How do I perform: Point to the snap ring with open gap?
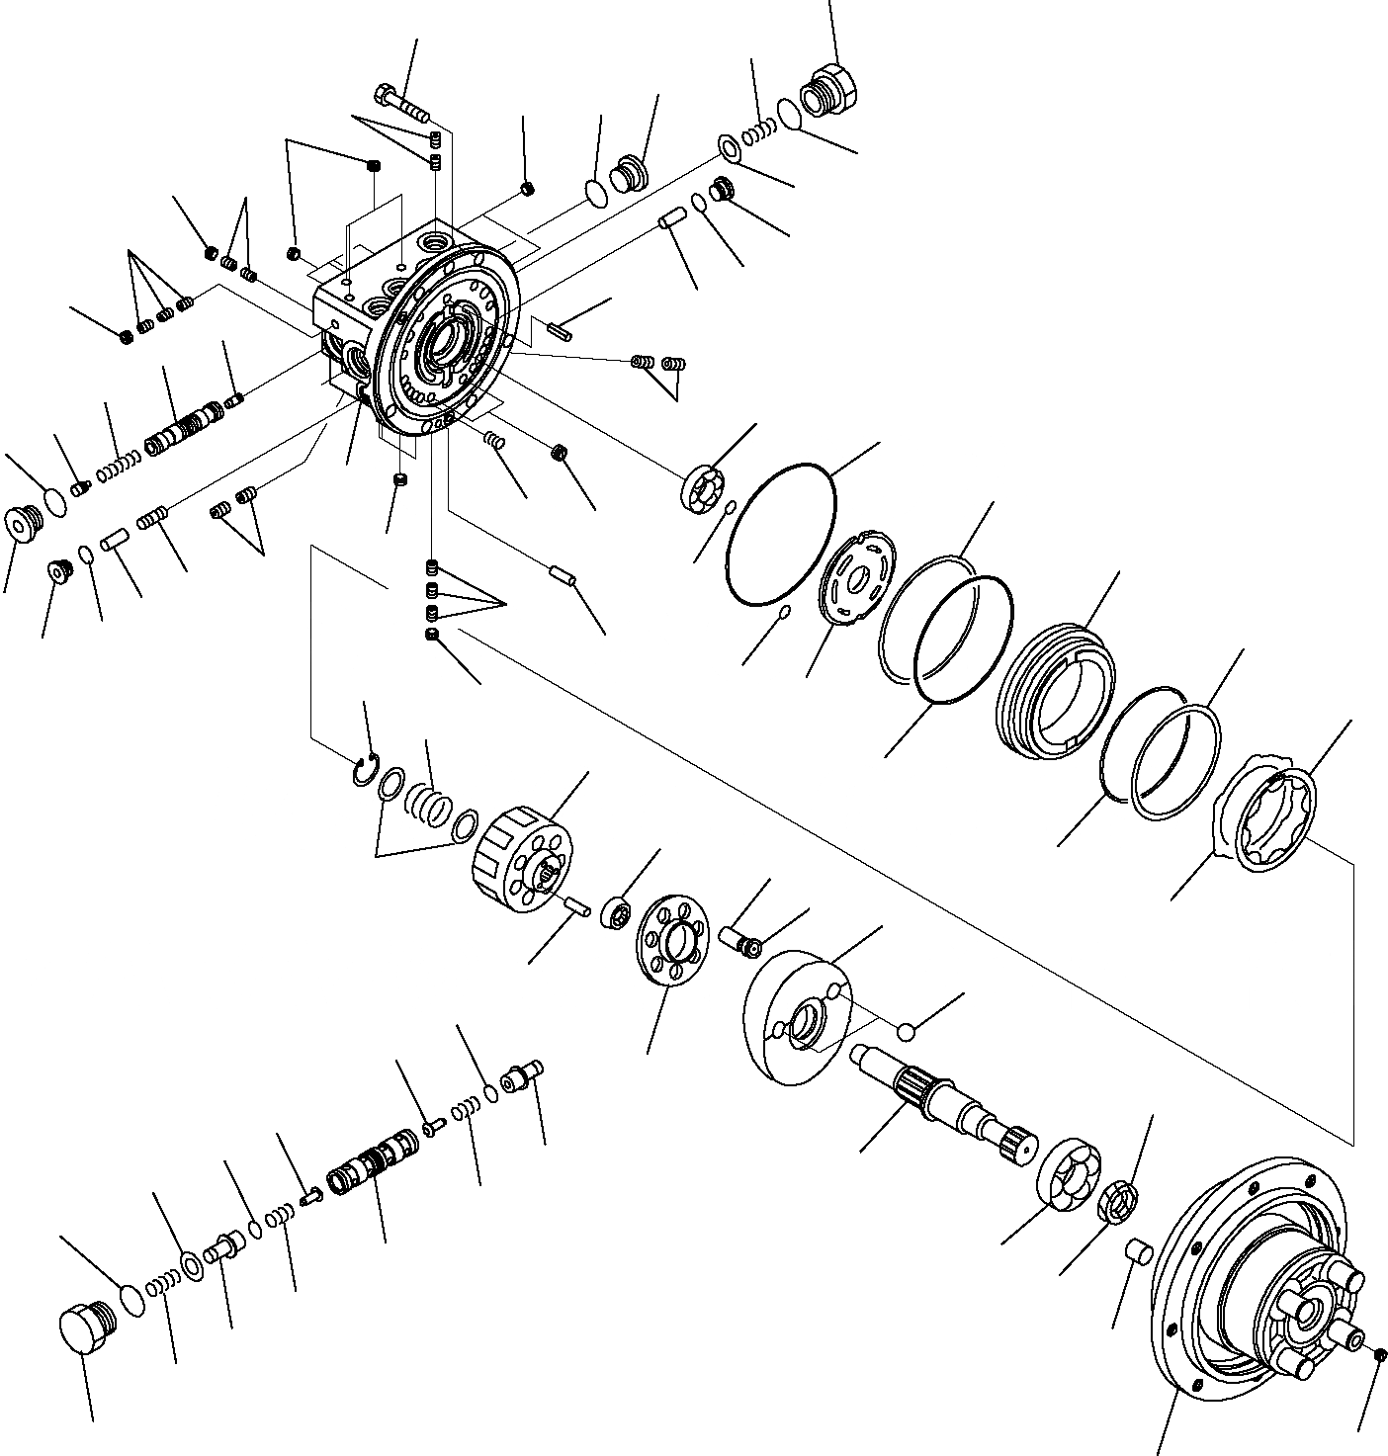tap(364, 770)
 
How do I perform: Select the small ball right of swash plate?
tap(905, 1031)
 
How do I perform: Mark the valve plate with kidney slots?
tap(857, 578)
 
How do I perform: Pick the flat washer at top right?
tap(730, 149)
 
